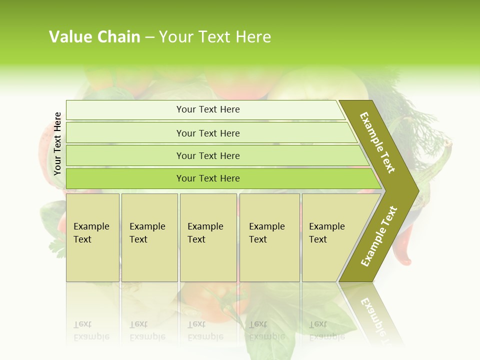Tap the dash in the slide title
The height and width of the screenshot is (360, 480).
[149, 37]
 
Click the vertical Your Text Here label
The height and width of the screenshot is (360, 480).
[57, 143]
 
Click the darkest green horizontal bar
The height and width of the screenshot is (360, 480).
[125, 178]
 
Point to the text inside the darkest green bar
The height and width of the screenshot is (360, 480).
[208, 178]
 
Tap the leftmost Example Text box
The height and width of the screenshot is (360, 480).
[93, 237]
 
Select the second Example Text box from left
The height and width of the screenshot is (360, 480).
[149, 237]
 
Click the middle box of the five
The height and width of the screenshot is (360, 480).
[208, 237]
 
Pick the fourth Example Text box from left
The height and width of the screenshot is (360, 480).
[269, 237]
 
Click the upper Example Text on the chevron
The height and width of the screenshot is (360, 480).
[377, 142]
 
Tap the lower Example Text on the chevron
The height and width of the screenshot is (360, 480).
[378, 236]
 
